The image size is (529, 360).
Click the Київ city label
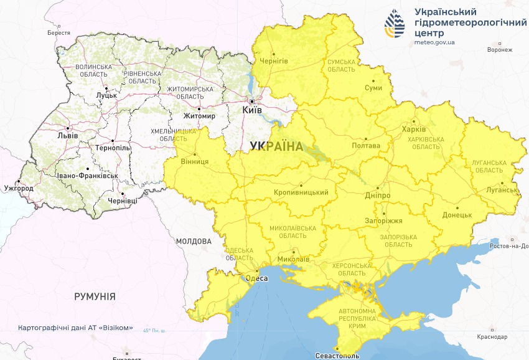pos(252,110)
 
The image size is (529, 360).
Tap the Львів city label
pos(67,135)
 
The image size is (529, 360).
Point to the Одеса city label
pos(256,278)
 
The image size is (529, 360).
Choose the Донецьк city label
pos(457,215)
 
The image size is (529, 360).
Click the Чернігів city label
pos(273,60)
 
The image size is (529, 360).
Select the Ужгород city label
pos(19,187)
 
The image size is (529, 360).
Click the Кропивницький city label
pos(301,192)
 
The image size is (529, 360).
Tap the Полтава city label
pos(366,146)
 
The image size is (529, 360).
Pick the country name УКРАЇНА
pos(276,146)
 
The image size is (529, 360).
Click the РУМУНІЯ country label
pos(95,296)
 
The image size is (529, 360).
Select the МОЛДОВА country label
pos(194,241)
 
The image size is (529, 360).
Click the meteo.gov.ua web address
pos(434,43)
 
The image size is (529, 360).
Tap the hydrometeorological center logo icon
pos(394,24)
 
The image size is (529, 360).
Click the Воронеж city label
pos(500,50)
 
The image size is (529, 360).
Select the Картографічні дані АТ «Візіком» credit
pos(75,328)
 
